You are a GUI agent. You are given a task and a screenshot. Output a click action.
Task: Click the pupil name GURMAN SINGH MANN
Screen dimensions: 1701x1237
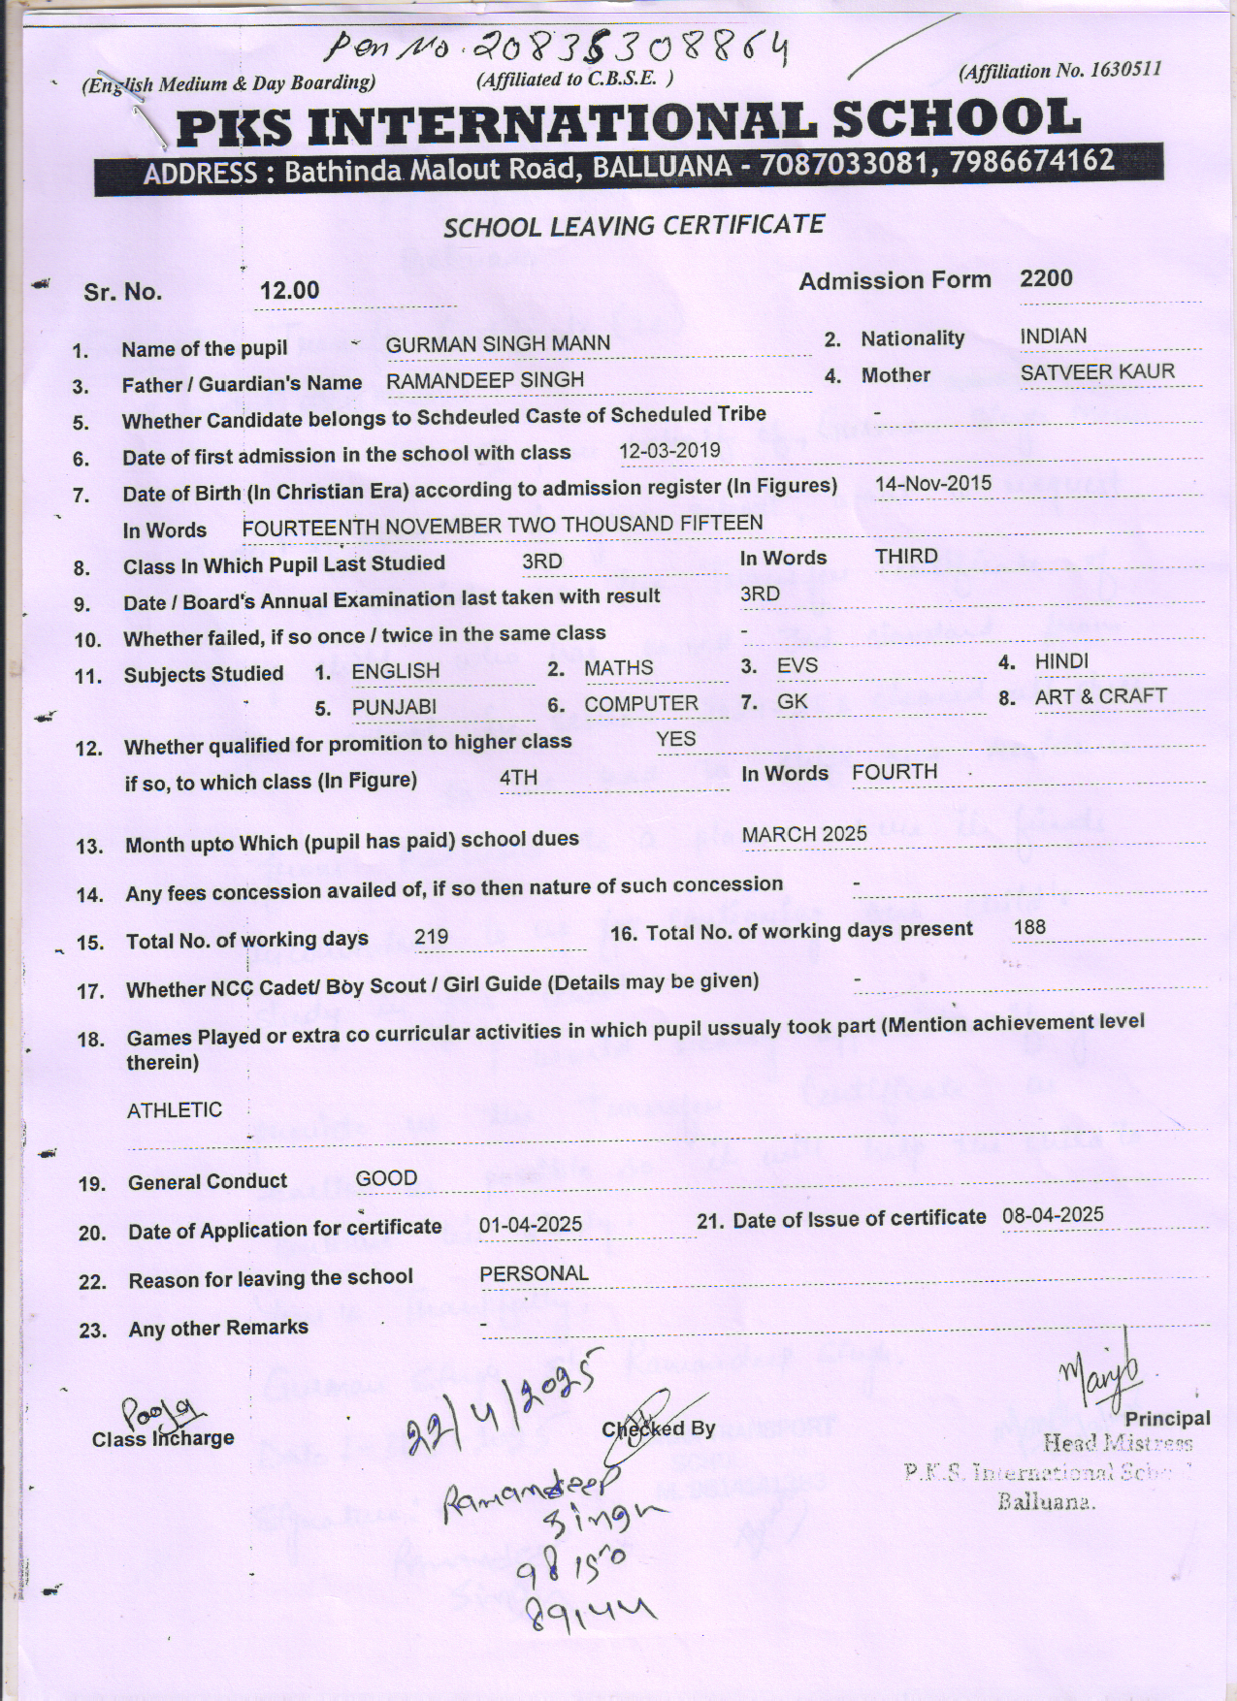498,344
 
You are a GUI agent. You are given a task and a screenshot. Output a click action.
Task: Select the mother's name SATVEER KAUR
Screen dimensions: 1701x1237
1096,372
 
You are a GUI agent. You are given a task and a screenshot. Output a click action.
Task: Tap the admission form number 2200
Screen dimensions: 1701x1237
1046,279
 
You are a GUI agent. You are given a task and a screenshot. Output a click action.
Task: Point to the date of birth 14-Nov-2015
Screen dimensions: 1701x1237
932,483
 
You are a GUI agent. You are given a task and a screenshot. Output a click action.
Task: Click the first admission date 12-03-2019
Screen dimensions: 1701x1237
669,450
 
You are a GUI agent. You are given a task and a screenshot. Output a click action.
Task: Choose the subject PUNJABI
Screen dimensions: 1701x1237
394,708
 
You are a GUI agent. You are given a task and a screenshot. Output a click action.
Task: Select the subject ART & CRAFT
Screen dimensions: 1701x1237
1100,697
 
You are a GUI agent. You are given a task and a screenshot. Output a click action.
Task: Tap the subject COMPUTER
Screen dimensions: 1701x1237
640,705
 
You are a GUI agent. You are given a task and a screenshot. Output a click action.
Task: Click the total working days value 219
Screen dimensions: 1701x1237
431,937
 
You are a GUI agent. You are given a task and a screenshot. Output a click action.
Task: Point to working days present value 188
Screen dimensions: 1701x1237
1028,927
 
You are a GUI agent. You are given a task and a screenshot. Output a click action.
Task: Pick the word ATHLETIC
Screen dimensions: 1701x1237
174,1110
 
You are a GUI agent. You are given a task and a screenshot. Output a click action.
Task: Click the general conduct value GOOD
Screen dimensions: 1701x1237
386,1179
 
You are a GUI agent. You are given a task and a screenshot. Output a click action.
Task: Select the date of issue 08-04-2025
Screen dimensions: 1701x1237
1053,1215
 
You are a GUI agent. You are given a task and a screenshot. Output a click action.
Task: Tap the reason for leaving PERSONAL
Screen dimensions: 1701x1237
534,1273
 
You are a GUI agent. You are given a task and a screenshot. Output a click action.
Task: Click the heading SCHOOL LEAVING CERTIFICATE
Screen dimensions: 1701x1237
634,227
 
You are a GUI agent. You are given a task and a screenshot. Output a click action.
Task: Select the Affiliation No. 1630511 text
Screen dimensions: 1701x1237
1059,71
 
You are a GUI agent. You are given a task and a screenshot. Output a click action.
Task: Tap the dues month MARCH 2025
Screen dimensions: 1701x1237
804,835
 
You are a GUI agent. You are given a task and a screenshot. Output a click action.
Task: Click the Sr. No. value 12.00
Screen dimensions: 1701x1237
289,291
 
